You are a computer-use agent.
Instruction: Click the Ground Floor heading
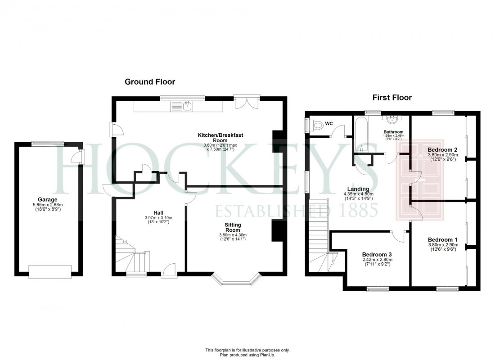pyautogui.click(x=149, y=81)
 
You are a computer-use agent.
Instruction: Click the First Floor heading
pyautogui.click(x=392, y=97)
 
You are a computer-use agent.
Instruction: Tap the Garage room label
pyautogui.click(x=47, y=199)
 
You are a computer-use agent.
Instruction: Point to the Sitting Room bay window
pyautogui.click(x=235, y=279)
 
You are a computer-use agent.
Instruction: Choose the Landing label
pyautogui.click(x=358, y=189)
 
